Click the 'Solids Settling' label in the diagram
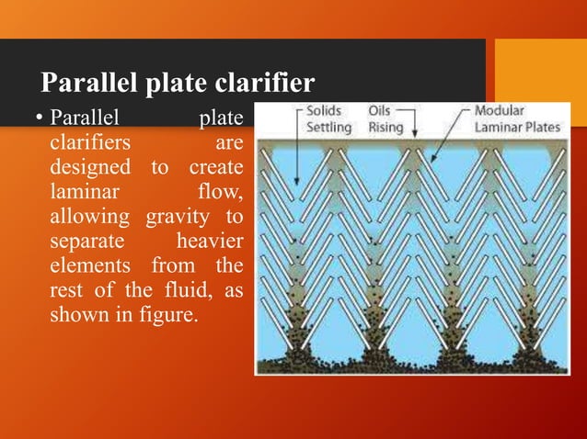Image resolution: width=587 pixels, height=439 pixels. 326,118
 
